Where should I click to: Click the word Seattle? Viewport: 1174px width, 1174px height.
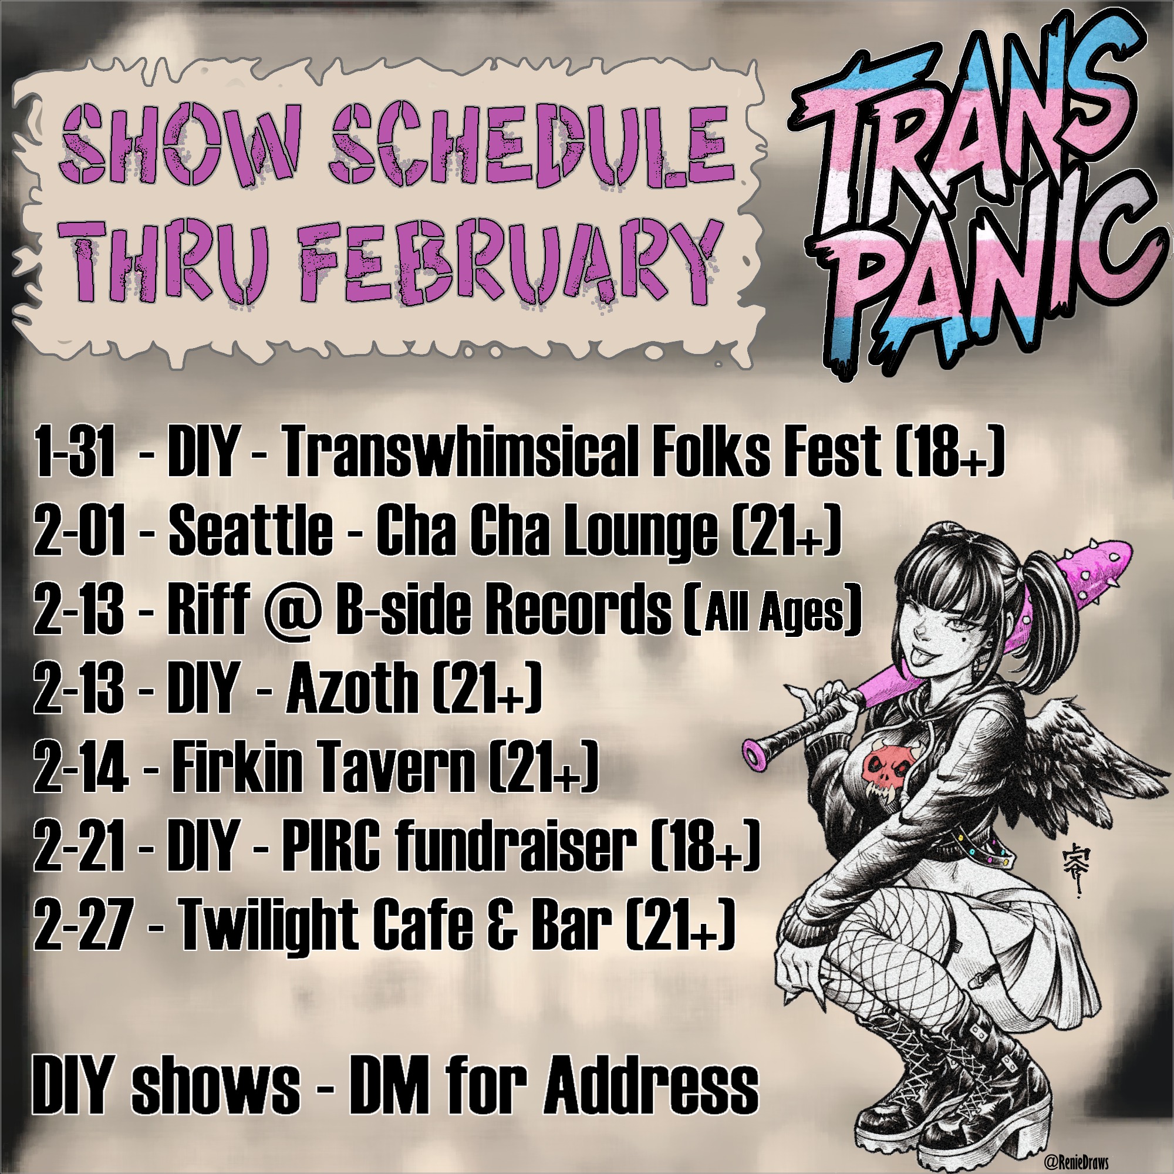(x=251, y=530)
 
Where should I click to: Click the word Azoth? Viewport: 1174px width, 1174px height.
(x=352, y=688)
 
